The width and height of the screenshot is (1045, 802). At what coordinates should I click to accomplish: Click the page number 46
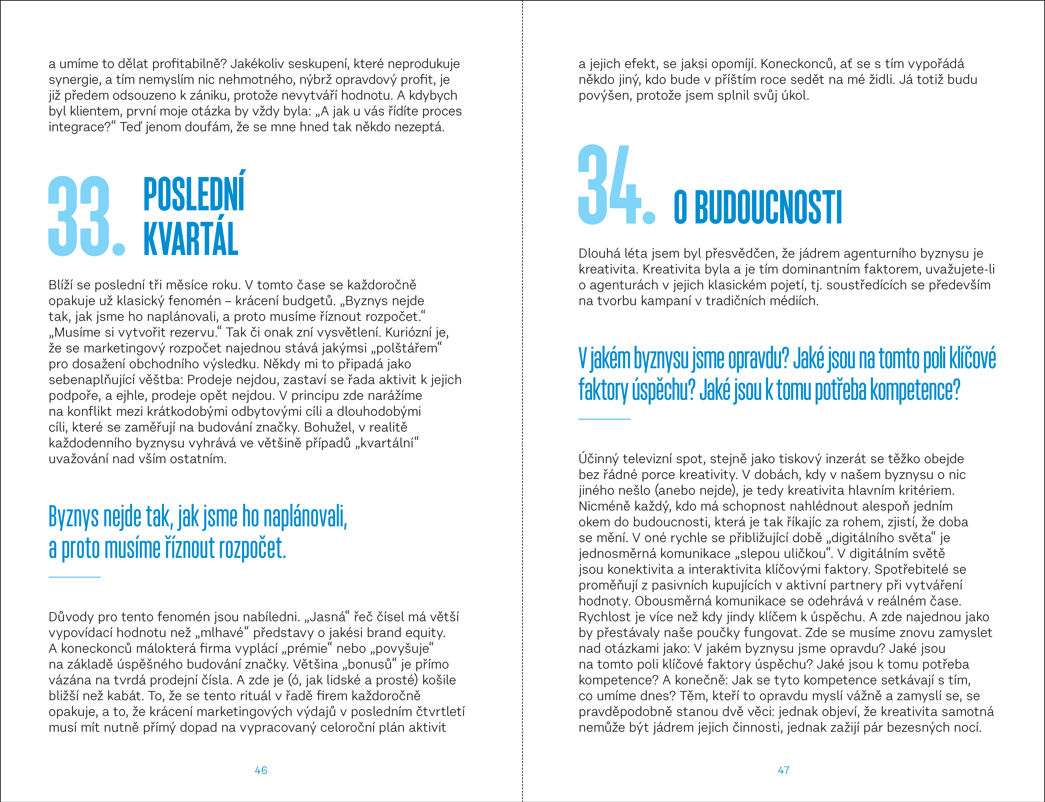[x=261, y=770]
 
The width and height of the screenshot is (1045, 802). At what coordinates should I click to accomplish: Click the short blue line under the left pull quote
[x=75, y=577]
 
